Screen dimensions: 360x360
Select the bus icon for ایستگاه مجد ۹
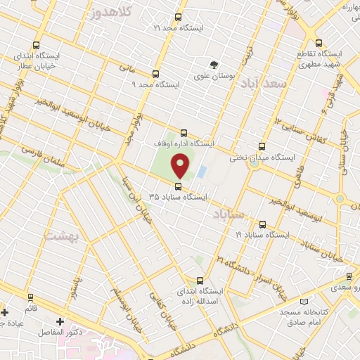155,74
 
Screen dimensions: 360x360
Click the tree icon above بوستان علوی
214,64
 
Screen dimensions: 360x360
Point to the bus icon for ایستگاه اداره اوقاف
184,133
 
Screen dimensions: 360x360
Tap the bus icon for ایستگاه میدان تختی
262,147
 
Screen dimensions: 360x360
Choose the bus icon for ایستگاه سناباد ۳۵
177,186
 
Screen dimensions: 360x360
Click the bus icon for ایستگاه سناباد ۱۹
262,224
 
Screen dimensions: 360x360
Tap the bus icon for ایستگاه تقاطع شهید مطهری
319,43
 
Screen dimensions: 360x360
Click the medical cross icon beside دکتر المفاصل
60,321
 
